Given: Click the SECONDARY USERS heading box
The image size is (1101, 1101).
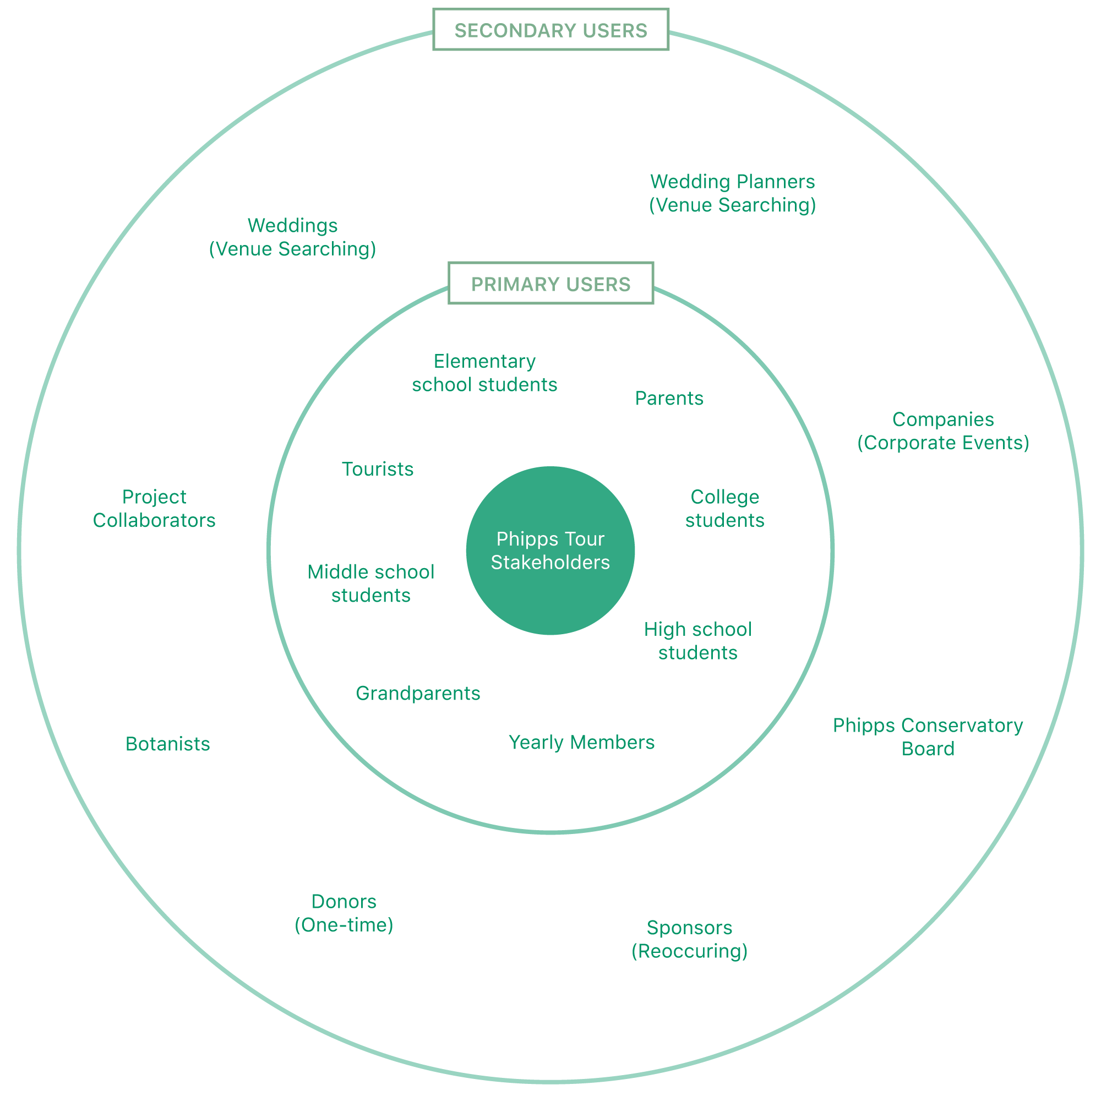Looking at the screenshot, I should pos(550,30).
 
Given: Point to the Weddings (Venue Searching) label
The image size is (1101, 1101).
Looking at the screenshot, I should pos(292,237).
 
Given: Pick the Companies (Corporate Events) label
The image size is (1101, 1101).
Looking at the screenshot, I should pos(943,431).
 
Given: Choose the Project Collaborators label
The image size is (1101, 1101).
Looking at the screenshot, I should pos(154,508).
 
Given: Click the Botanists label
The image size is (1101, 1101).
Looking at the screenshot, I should pos(167,744).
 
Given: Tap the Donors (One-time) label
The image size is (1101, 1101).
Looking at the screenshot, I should pos(344,913).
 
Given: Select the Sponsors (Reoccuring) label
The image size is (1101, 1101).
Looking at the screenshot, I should pos(690,939).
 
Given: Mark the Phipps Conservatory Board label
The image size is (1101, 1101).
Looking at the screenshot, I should pos(928,737).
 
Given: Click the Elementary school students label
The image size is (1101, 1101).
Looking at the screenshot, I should pos(484,373).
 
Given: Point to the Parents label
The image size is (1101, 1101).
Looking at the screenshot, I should pos(669,399).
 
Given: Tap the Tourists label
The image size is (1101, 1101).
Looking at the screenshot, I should pos(377,469).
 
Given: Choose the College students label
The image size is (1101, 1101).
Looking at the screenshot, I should pos(725,508).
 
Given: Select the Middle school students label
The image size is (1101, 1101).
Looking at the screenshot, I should pos(371,584).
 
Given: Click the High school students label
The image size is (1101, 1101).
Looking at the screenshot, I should pos(697,641).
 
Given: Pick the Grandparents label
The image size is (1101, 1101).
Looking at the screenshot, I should pos(418,693).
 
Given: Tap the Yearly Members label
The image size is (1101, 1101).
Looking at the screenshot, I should pos(581,742).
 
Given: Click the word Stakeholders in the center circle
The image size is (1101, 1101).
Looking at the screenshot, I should pos(550,563).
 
